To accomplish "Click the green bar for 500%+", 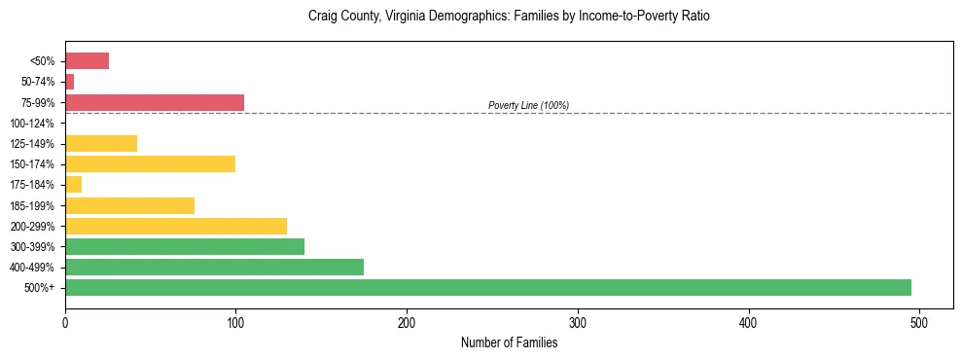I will tap(487, 287).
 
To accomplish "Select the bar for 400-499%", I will tap(214, 267).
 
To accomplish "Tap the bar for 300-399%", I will tap(185, 246).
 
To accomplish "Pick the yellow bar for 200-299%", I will tap(176, 226).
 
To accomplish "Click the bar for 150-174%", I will tap(150, 163).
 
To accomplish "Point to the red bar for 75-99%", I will tap(155, 102).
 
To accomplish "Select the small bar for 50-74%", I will tap(69, 82).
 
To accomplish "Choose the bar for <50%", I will tap(87, 61).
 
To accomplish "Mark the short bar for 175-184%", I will tap(73, 184).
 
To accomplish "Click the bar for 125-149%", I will tap(101, 143).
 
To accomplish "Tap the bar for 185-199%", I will tap(129, 205).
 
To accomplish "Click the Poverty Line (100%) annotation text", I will tap(528, 105).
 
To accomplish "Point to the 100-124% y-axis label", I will tap(33, 124).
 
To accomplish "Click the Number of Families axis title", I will tap(509, 342).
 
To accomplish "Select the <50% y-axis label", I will tap(43, 61).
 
